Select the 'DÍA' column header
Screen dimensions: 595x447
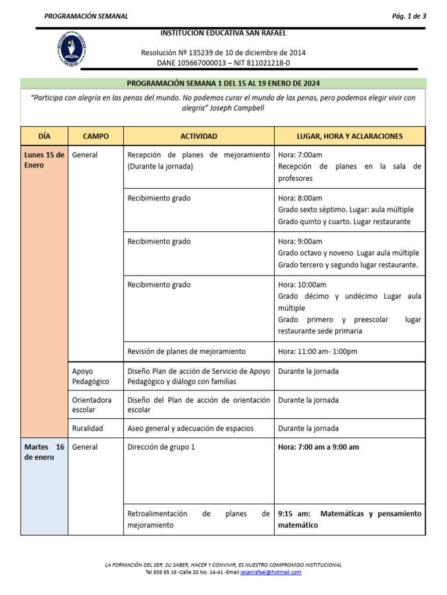coord(44,136)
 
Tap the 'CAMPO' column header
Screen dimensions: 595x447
coord(95,136)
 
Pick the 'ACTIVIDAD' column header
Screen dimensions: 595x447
coord(198,136)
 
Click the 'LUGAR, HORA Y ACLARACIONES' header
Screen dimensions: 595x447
coord(349,136)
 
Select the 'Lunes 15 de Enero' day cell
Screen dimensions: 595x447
coord(44,160)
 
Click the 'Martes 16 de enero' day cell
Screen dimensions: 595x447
coord(44,452)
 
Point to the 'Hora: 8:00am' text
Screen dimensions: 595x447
coord(300,198)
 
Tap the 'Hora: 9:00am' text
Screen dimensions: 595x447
coord(300,241)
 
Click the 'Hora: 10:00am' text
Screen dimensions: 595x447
coord(302,285)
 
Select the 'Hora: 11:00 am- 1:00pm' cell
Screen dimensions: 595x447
coord(317,352)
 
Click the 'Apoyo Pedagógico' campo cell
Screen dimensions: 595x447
coord(91,376)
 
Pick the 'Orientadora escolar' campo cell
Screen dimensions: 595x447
coord(92,404)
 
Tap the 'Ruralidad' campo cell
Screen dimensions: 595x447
coord(87,428)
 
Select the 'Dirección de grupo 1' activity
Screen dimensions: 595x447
coord(161,447)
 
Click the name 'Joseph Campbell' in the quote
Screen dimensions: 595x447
coord(232,108)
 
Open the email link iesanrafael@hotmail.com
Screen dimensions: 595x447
coord(273,572)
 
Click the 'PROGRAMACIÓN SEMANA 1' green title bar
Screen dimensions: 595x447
coord(223,83)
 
